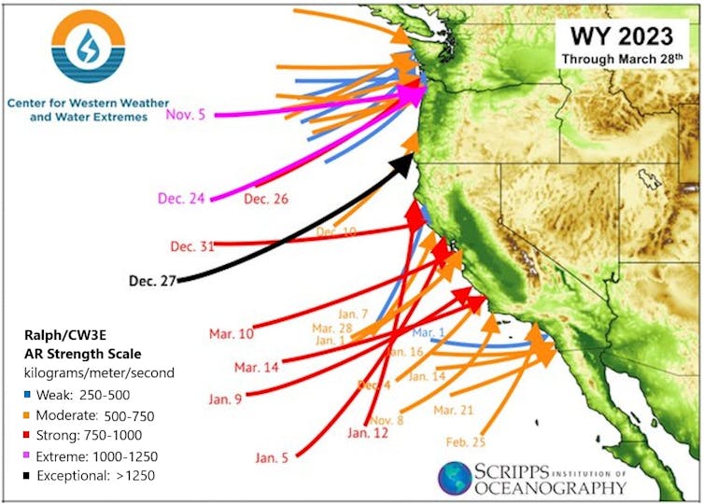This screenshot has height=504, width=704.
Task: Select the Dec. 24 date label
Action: coord(182,199)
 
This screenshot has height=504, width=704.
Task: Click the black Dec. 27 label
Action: coord(152,280)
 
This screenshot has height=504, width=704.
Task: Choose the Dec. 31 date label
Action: coord(192,247)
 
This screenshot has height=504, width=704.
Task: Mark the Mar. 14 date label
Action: coord(257,367)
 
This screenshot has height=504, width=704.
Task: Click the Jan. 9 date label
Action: coord(225,399)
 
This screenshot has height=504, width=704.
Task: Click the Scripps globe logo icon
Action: coord(455,478)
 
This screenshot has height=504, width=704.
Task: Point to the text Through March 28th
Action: coord(623,60)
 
